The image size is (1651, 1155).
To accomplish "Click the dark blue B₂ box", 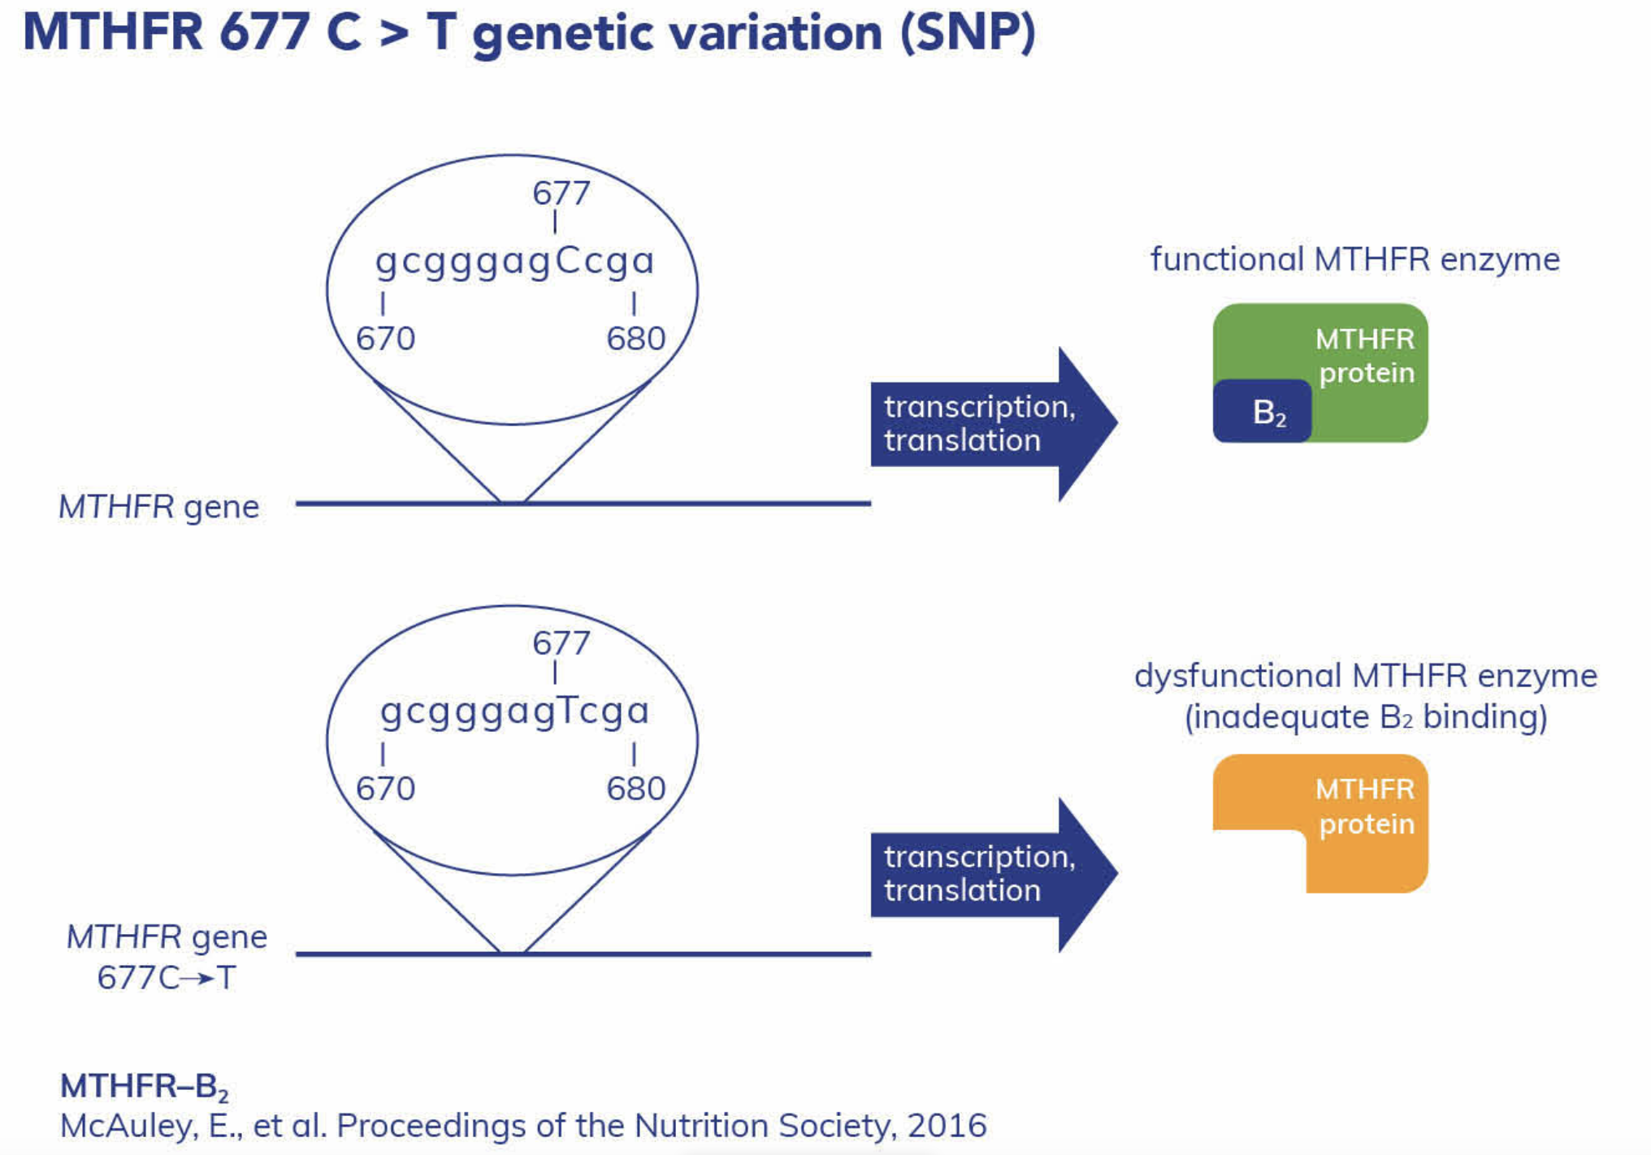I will (1262, 412).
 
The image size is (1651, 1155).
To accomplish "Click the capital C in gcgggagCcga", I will (568, 261).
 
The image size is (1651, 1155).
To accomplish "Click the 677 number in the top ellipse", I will (561, 193).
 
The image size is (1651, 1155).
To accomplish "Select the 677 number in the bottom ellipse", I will (561, 643).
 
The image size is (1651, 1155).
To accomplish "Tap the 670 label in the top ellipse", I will (385, 339).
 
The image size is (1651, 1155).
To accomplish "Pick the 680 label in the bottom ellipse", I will (635, 789).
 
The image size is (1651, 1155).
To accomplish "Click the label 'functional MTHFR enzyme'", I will (1354, 260).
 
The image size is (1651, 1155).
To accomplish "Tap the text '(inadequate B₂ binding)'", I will (1365, 717).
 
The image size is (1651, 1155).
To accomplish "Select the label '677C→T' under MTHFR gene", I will (167, 977).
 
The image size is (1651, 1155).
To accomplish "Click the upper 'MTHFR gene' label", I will (158, 507).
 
